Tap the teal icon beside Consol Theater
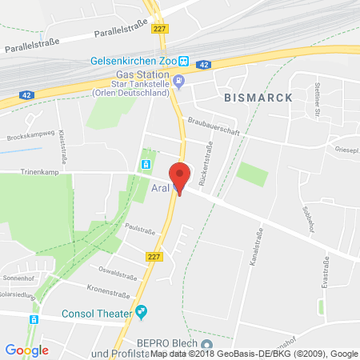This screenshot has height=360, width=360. tap(141, 311)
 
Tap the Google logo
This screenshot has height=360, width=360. tap(26, 349)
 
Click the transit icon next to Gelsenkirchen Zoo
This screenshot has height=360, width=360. tap(183, 60)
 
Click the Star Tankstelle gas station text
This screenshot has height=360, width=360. tap(138, 83)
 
